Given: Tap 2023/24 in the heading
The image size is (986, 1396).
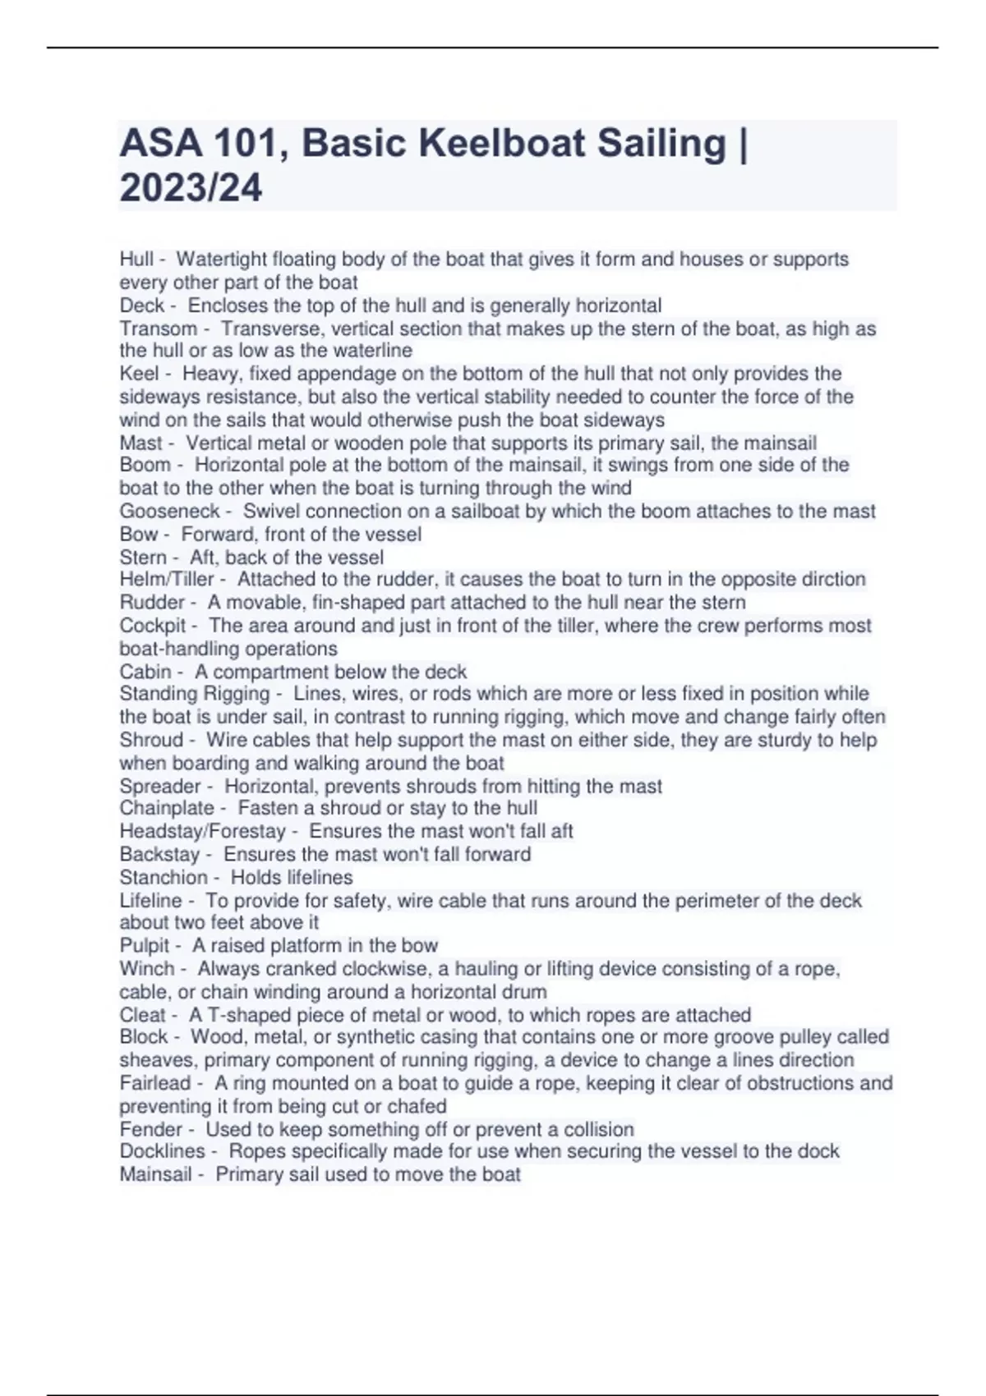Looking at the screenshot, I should click(x=191, y=187).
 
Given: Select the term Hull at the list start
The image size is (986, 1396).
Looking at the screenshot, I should click(x=136, y=259).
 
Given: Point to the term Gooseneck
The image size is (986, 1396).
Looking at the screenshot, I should click(x=169, y=511).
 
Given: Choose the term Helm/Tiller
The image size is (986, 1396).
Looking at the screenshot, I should click(x=166, y=579).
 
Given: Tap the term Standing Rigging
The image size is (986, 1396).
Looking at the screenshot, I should click(x=194, y=694).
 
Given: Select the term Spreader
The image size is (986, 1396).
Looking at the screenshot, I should click(x=160, y=786).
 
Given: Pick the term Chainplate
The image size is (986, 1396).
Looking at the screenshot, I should click(x=167, y=808).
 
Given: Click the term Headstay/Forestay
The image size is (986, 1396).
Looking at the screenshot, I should click(x=202, y=831).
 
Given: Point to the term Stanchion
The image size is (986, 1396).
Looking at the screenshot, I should click(x=164, y=877).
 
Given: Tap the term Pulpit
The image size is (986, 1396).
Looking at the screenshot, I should click(x=145, y=945).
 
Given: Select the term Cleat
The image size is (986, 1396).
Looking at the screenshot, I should click(x=143, y=1015).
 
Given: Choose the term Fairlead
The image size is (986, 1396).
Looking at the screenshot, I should click(x=155, y=1083).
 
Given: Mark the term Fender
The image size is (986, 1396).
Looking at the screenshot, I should click(x=151, y=1129).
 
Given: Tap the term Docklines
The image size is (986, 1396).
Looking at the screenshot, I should click(x=162, y=1151).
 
